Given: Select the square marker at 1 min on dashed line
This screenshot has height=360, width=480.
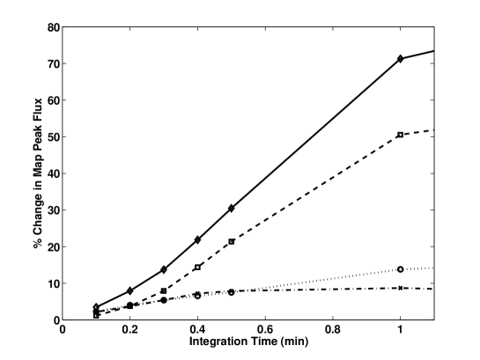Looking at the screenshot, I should point(401,135).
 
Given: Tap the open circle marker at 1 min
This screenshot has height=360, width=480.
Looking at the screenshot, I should point(401,269).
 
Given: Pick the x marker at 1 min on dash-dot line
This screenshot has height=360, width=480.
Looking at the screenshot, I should point(401,288).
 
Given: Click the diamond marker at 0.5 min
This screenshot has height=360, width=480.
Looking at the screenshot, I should point(232,209).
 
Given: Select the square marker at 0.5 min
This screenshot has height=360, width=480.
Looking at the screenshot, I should point(232,241).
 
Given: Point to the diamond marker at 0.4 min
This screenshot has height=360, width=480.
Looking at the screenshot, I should point(198,239).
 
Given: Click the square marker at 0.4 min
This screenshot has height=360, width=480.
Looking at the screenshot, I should point(198,267).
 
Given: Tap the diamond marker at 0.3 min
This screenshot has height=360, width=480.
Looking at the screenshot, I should point(164,269).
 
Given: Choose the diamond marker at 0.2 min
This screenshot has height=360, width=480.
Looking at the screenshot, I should point(130,290).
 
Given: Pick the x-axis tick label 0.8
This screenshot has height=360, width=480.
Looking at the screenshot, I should point(333,333).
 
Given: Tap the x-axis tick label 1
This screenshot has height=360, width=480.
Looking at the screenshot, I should point(401,333).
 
